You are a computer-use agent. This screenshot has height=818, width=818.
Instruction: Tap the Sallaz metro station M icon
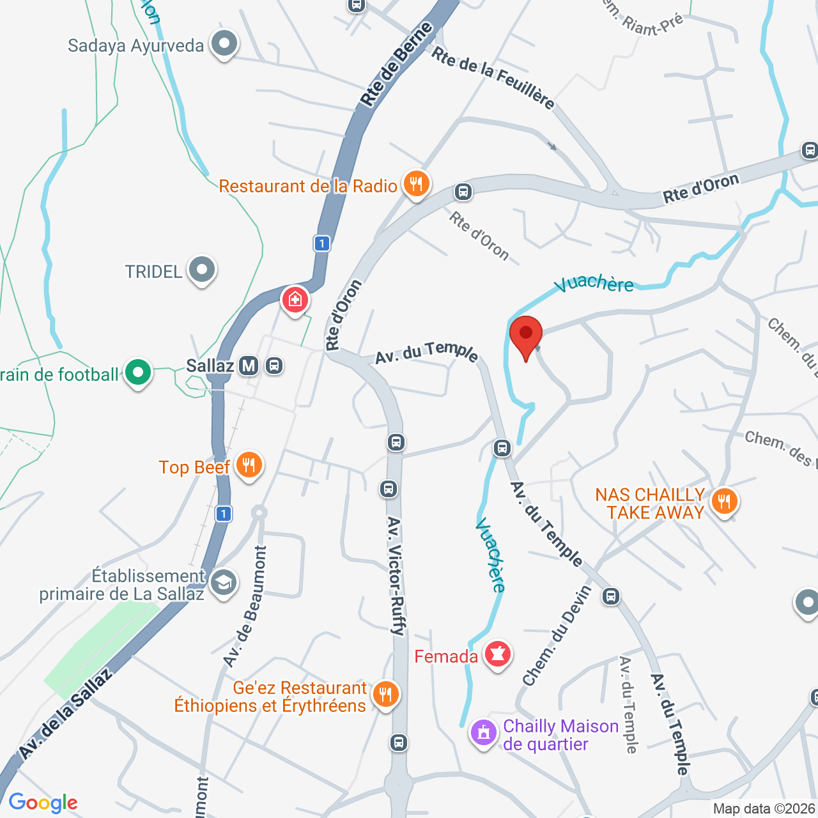coord(249,366)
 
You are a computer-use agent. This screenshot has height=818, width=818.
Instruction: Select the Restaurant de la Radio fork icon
coord(416,185)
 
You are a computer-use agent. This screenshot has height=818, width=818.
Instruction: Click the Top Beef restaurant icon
coord(249,465)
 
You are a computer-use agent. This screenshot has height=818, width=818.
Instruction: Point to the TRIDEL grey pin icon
coord(202,270)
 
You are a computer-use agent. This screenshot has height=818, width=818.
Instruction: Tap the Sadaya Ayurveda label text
coord(135,46)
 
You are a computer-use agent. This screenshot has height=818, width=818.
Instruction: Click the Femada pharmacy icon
coord(497,654)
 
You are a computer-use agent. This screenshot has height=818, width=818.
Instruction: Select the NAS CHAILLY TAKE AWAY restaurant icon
coord(724,501)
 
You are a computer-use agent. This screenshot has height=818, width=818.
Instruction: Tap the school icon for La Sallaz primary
coord(223,582)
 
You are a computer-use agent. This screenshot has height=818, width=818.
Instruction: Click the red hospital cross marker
coord(295,299)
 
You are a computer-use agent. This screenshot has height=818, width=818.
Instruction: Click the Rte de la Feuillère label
coord(493,77)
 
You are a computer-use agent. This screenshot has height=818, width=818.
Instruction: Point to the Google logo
coord(43,803)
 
